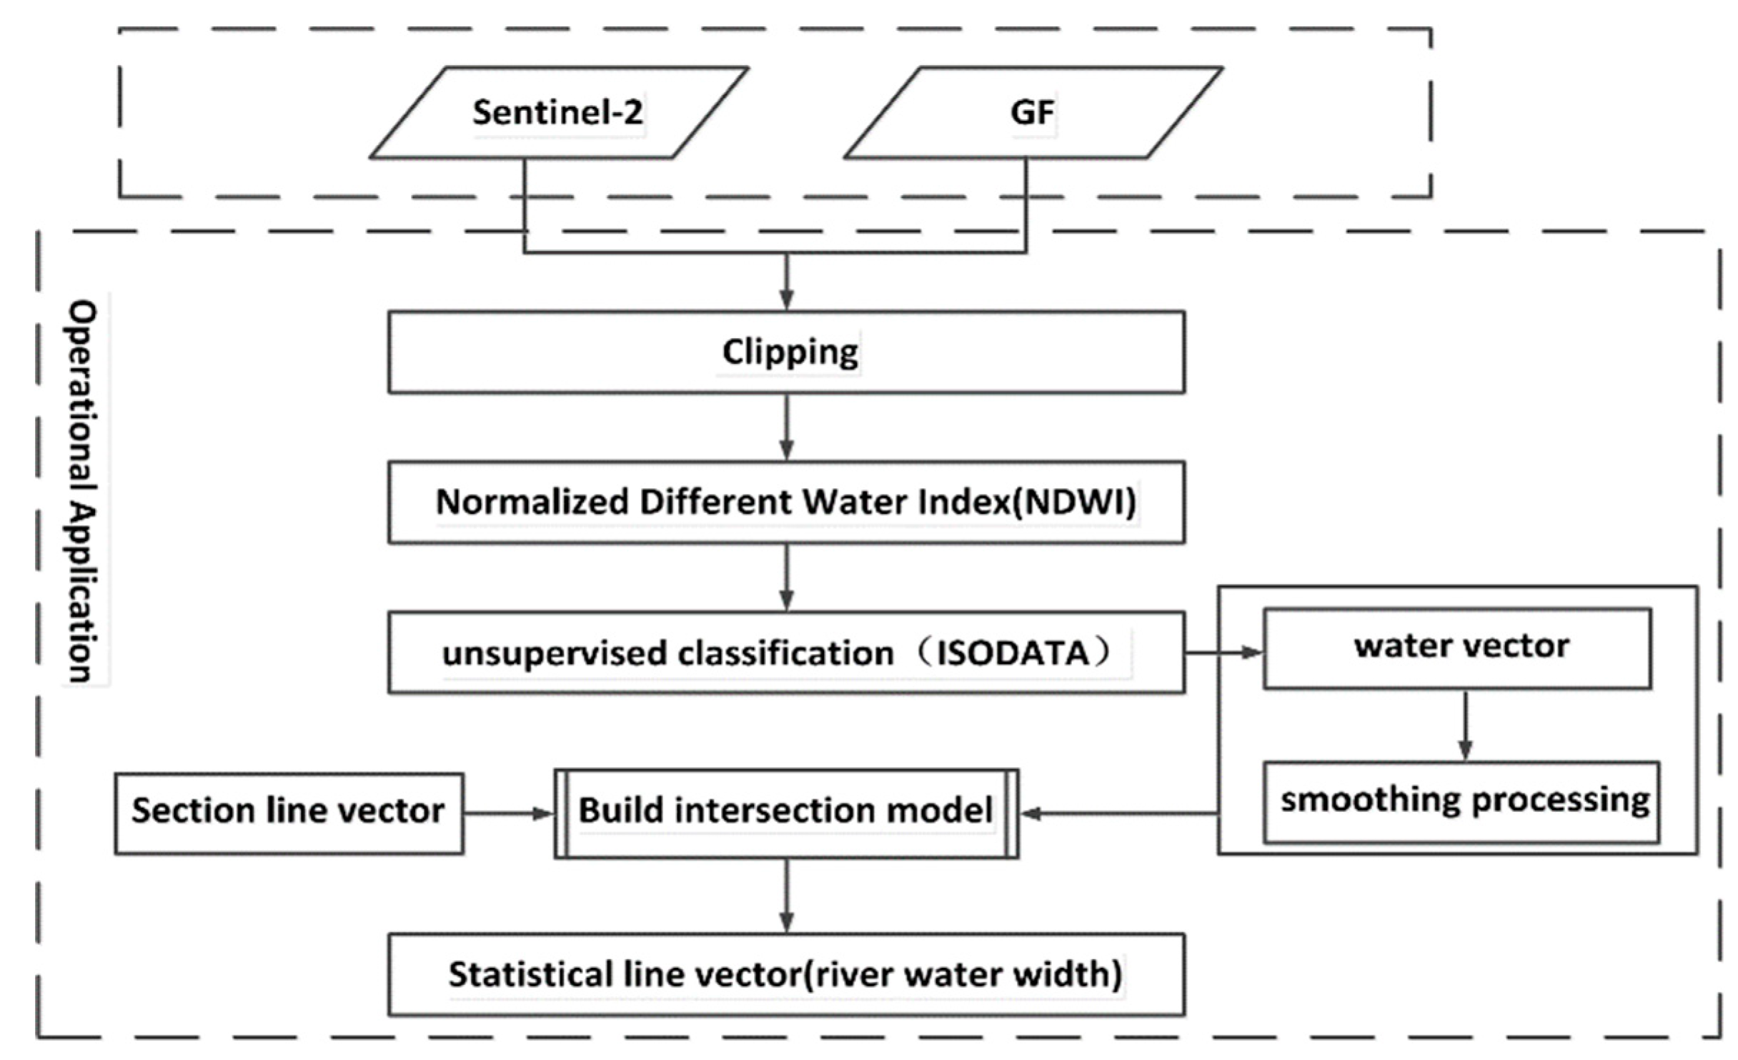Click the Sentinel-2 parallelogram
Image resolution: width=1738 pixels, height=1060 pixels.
pyautogui.click(x=558, y=113)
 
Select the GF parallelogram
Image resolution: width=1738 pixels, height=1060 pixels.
pyautogui.click(x=1033, y=113)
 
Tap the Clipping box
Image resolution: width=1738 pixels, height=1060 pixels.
pyautogui.click(x=786, y=352)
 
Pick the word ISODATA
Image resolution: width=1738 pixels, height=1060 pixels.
pyautogui.click(x=1013, y=653)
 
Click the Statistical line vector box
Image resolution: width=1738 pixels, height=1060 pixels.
pyautogui.click(x=786, y=975)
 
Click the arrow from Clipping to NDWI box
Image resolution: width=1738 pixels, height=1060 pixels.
pyautogui.click(x=786, y=427)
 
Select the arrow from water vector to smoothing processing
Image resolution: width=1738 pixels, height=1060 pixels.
pyautogui.click(x=1465, y=725)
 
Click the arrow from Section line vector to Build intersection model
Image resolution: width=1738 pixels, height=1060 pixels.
pyautogui.click(x=509, y=813)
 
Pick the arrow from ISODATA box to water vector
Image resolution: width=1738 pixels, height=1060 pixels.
pyautogui.click(x=1223, y=653)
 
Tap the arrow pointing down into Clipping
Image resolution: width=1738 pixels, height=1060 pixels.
pyautogui.click(x=786, y=282)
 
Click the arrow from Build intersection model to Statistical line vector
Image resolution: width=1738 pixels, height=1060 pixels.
pyautogui.click(x=786, y=896)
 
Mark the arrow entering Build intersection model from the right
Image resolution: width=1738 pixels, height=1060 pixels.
pyautogui.click(x=1118, y=813)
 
